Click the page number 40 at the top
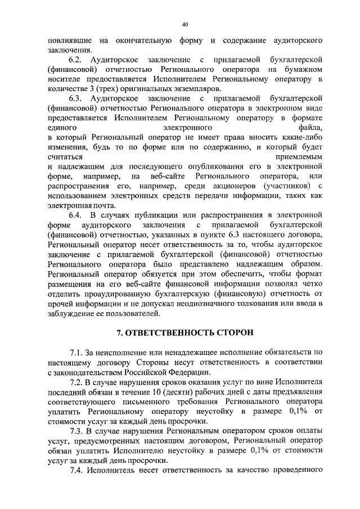point(185,24)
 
